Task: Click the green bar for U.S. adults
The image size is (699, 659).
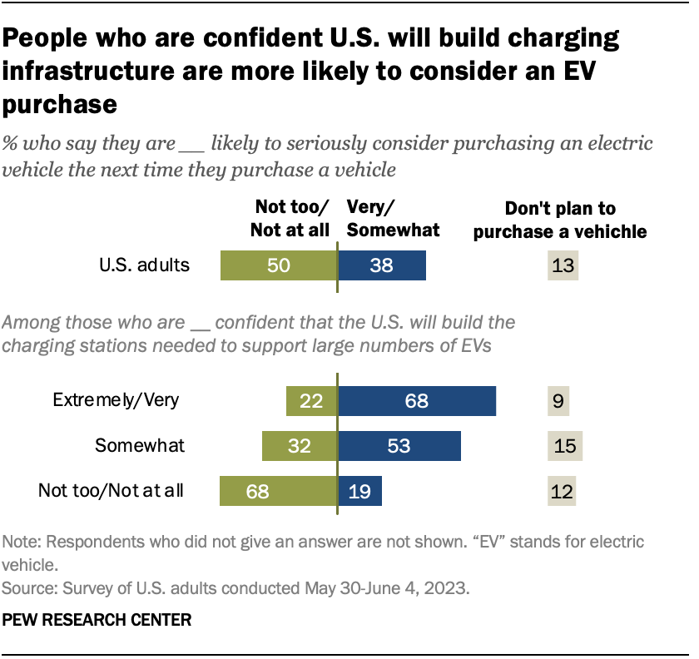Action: tap(278, 265)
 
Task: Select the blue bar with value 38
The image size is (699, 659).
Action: tap(381, 265)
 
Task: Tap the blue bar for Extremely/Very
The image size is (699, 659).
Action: tap(416, 401)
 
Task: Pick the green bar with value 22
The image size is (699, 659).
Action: tap(311, 401)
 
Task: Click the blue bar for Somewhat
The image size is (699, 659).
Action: tap(399, 445)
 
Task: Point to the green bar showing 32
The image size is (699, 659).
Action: tap(300, 445)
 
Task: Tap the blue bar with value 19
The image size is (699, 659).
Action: tap(359, 490)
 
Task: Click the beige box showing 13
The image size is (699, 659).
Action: tap(563, 266)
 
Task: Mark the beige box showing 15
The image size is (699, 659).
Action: tap(565, 446)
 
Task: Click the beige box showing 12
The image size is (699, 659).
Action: tap(563, 490)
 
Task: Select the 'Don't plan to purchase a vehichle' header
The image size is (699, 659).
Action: tap(559, 220)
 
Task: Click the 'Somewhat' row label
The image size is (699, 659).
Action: tap(140, 445)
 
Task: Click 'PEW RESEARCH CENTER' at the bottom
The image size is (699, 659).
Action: tap(97, 620)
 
